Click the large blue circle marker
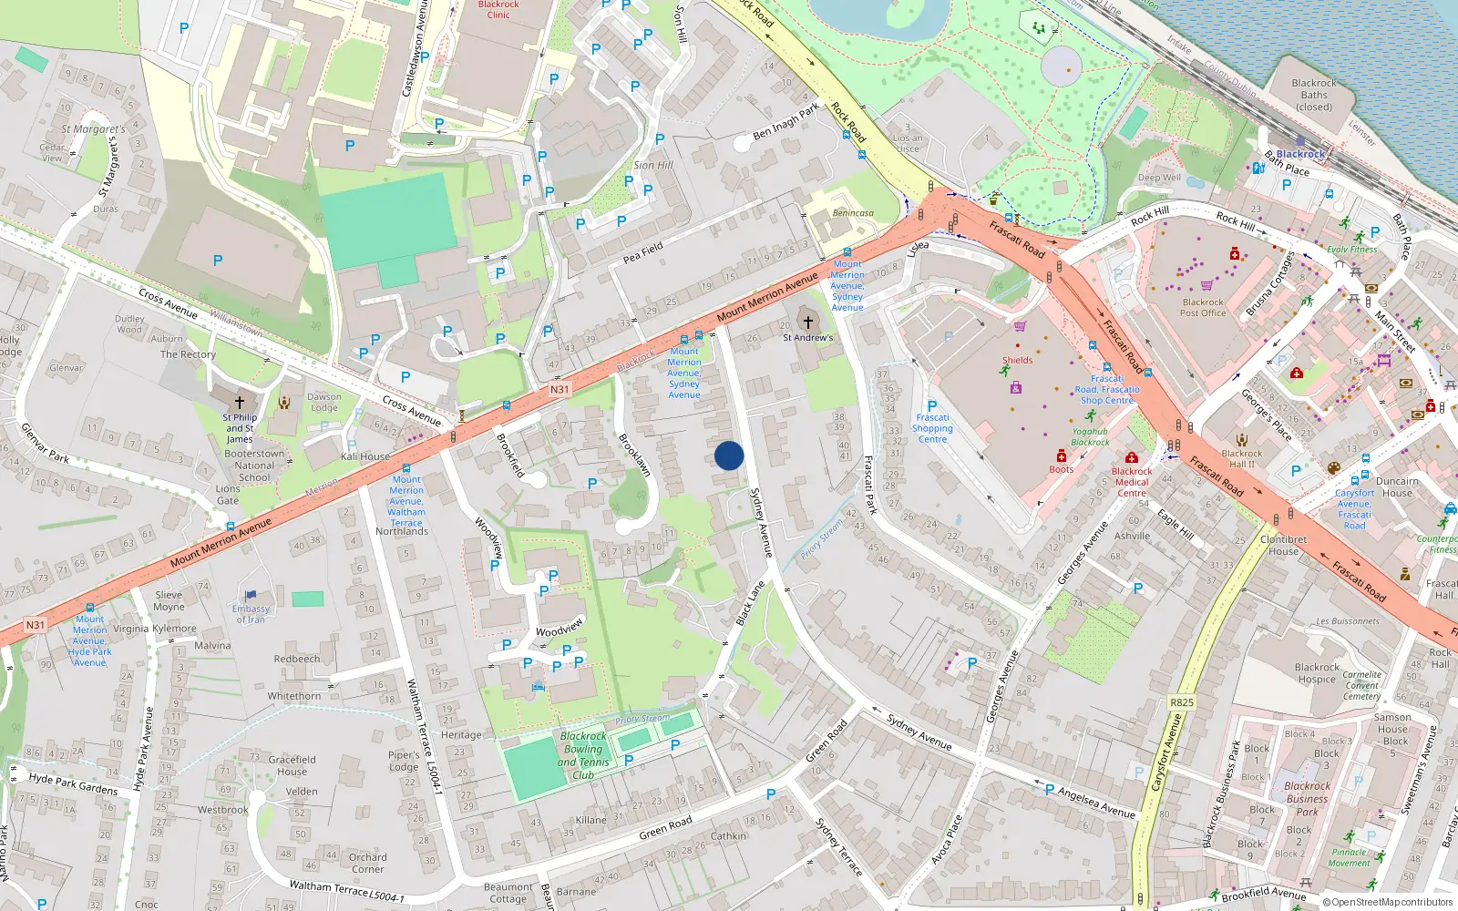pyautogui.click(x=729, y=455)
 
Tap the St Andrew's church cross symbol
pyautogui.click(x=807, y=322)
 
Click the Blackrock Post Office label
pyautogui.click(x=1203, y=308)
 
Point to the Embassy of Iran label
pyautogui.click(x=252, y=614)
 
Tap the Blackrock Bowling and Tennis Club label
pyautogui.click(x=583, y=755)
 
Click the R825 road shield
pyautogui.click(x=1181, y=702)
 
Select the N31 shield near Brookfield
pyautogui.click(x=560, y=389)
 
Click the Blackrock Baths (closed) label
pyautogui.click(x=1314, y=95)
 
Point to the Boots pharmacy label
pyautogui.click(x=1061, y=469)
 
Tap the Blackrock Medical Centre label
pyautogui.click(x=1132, y=482)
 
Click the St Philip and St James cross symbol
pyautogui.click(x=240, y=402)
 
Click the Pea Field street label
pyautogui.click(x=643, y=252)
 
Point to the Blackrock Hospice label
pyautogui.click(x=1317, y=673)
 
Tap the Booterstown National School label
pyautogui.click(x=254, y=465)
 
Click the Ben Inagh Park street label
pyautogui.click(x=786, y=123)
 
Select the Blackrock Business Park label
pyautogui.click(x=1307, y=798)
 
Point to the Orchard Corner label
pyautogui.click(x=367, y=863)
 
